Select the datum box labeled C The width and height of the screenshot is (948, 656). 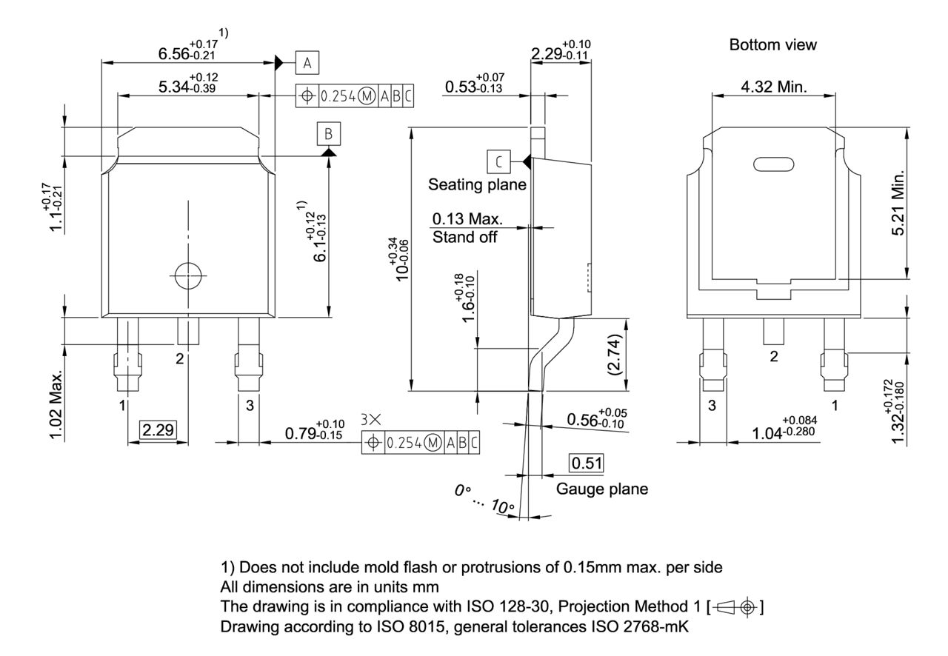pyautogui.click(x=498, y=161)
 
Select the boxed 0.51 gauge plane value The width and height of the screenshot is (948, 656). pyautogui.click(x=585, y=463)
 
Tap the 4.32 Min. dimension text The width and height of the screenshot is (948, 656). pyautogui.click(x=774, y=87)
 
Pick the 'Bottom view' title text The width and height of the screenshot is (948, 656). pyautogui.click(x=772, y=45)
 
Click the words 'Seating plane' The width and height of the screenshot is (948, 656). pyautogui.click(x=477, y=184)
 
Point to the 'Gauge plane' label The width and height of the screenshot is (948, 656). pyautogui.click(x=601, y=489)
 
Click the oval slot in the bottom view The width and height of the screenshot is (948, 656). pyautogui.click(x=773, y=164)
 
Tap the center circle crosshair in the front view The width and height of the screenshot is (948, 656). pyautogui.click(x=188, y=275)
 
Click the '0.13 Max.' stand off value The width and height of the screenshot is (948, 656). pyautogui.click(x=467, y=220)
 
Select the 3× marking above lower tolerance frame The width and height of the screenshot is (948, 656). pyautogui.click(x=371, y=419)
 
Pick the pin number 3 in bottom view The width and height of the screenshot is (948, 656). pyautogui.click(x=712, y=405)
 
